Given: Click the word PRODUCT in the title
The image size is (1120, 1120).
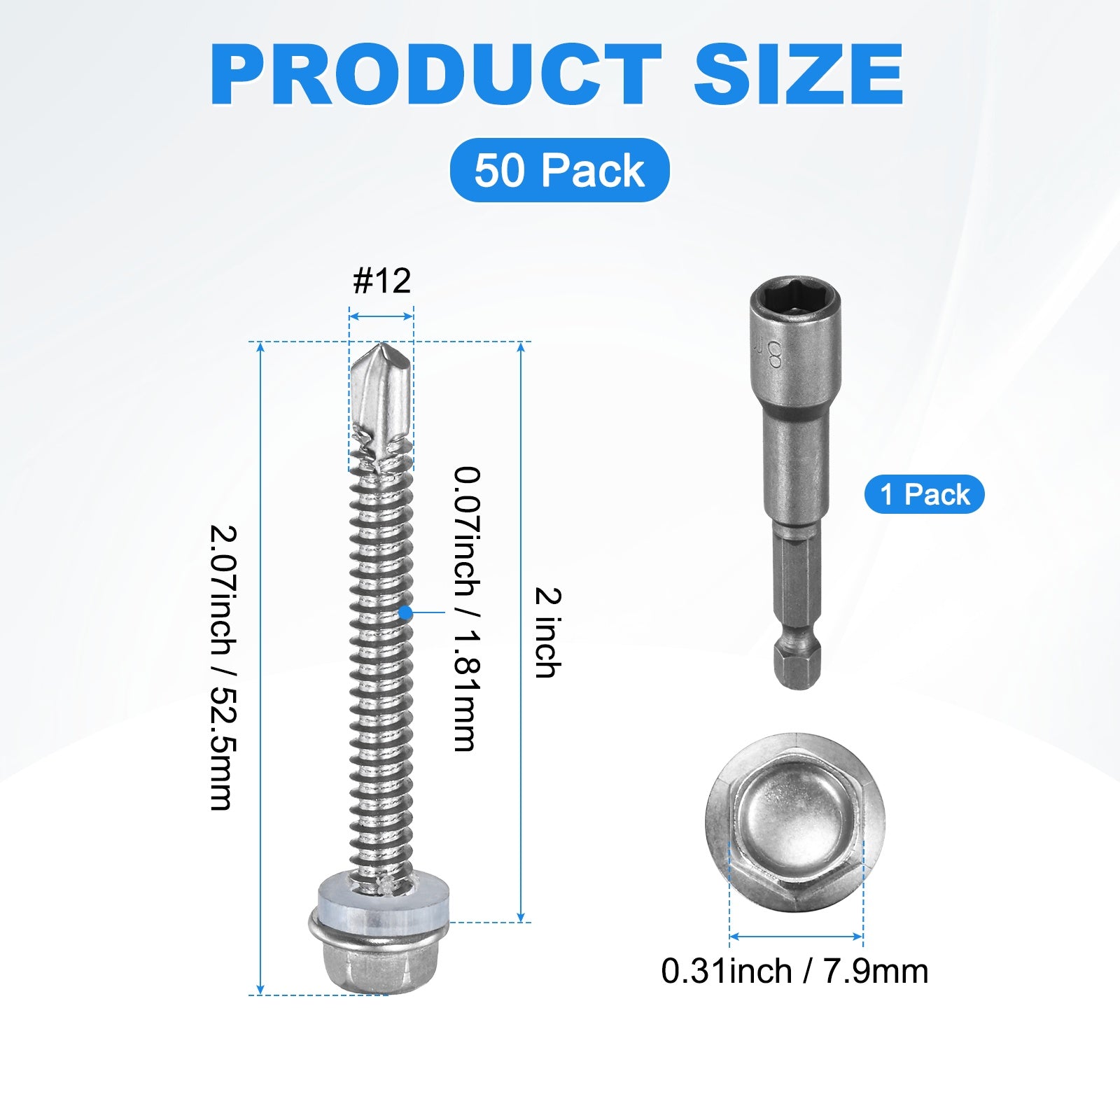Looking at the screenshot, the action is (x=435, y=75).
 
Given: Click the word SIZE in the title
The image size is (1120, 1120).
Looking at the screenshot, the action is (x=799, y=75).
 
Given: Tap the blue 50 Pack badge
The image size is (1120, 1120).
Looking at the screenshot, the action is (x=559, y=170).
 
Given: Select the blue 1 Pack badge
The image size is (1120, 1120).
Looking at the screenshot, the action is (x=925, y=494).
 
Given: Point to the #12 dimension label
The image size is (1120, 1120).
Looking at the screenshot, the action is (x=381, y=281).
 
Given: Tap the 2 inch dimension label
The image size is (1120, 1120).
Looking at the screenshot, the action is (x=547, y=633).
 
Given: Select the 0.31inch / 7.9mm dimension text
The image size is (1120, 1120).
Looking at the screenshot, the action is (x=794, y=972).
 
